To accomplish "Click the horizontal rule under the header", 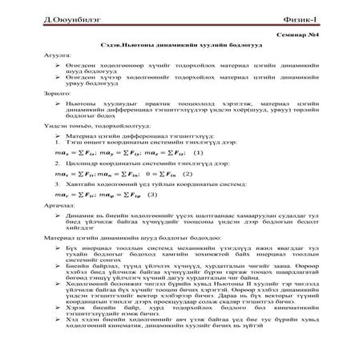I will [181, 26].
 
